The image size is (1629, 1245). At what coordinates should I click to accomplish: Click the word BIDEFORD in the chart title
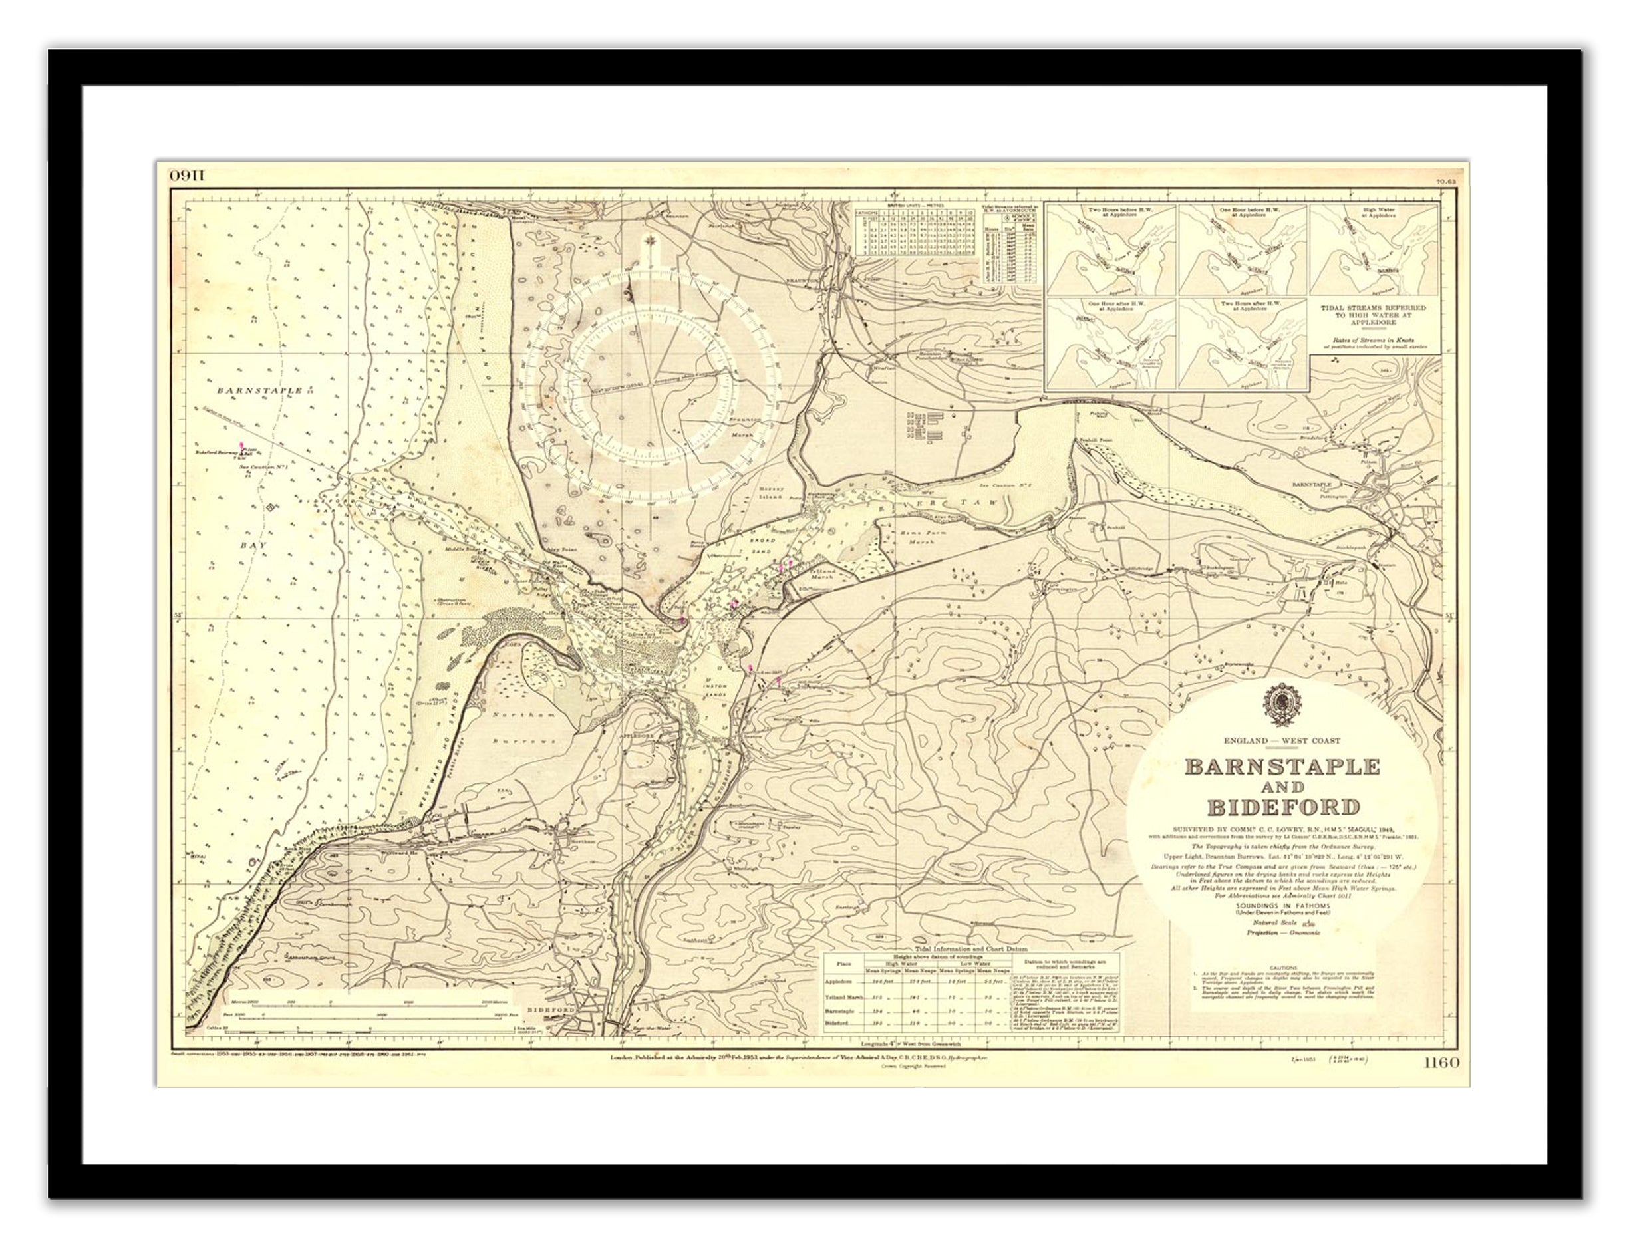click(x=1283, y=806)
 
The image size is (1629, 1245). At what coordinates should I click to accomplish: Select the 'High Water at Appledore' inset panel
click(x=1375, y=250)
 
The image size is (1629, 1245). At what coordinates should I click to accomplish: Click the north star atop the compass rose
click(x=650, y=239)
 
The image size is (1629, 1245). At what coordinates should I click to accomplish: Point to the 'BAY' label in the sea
click(x=253, y=545)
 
